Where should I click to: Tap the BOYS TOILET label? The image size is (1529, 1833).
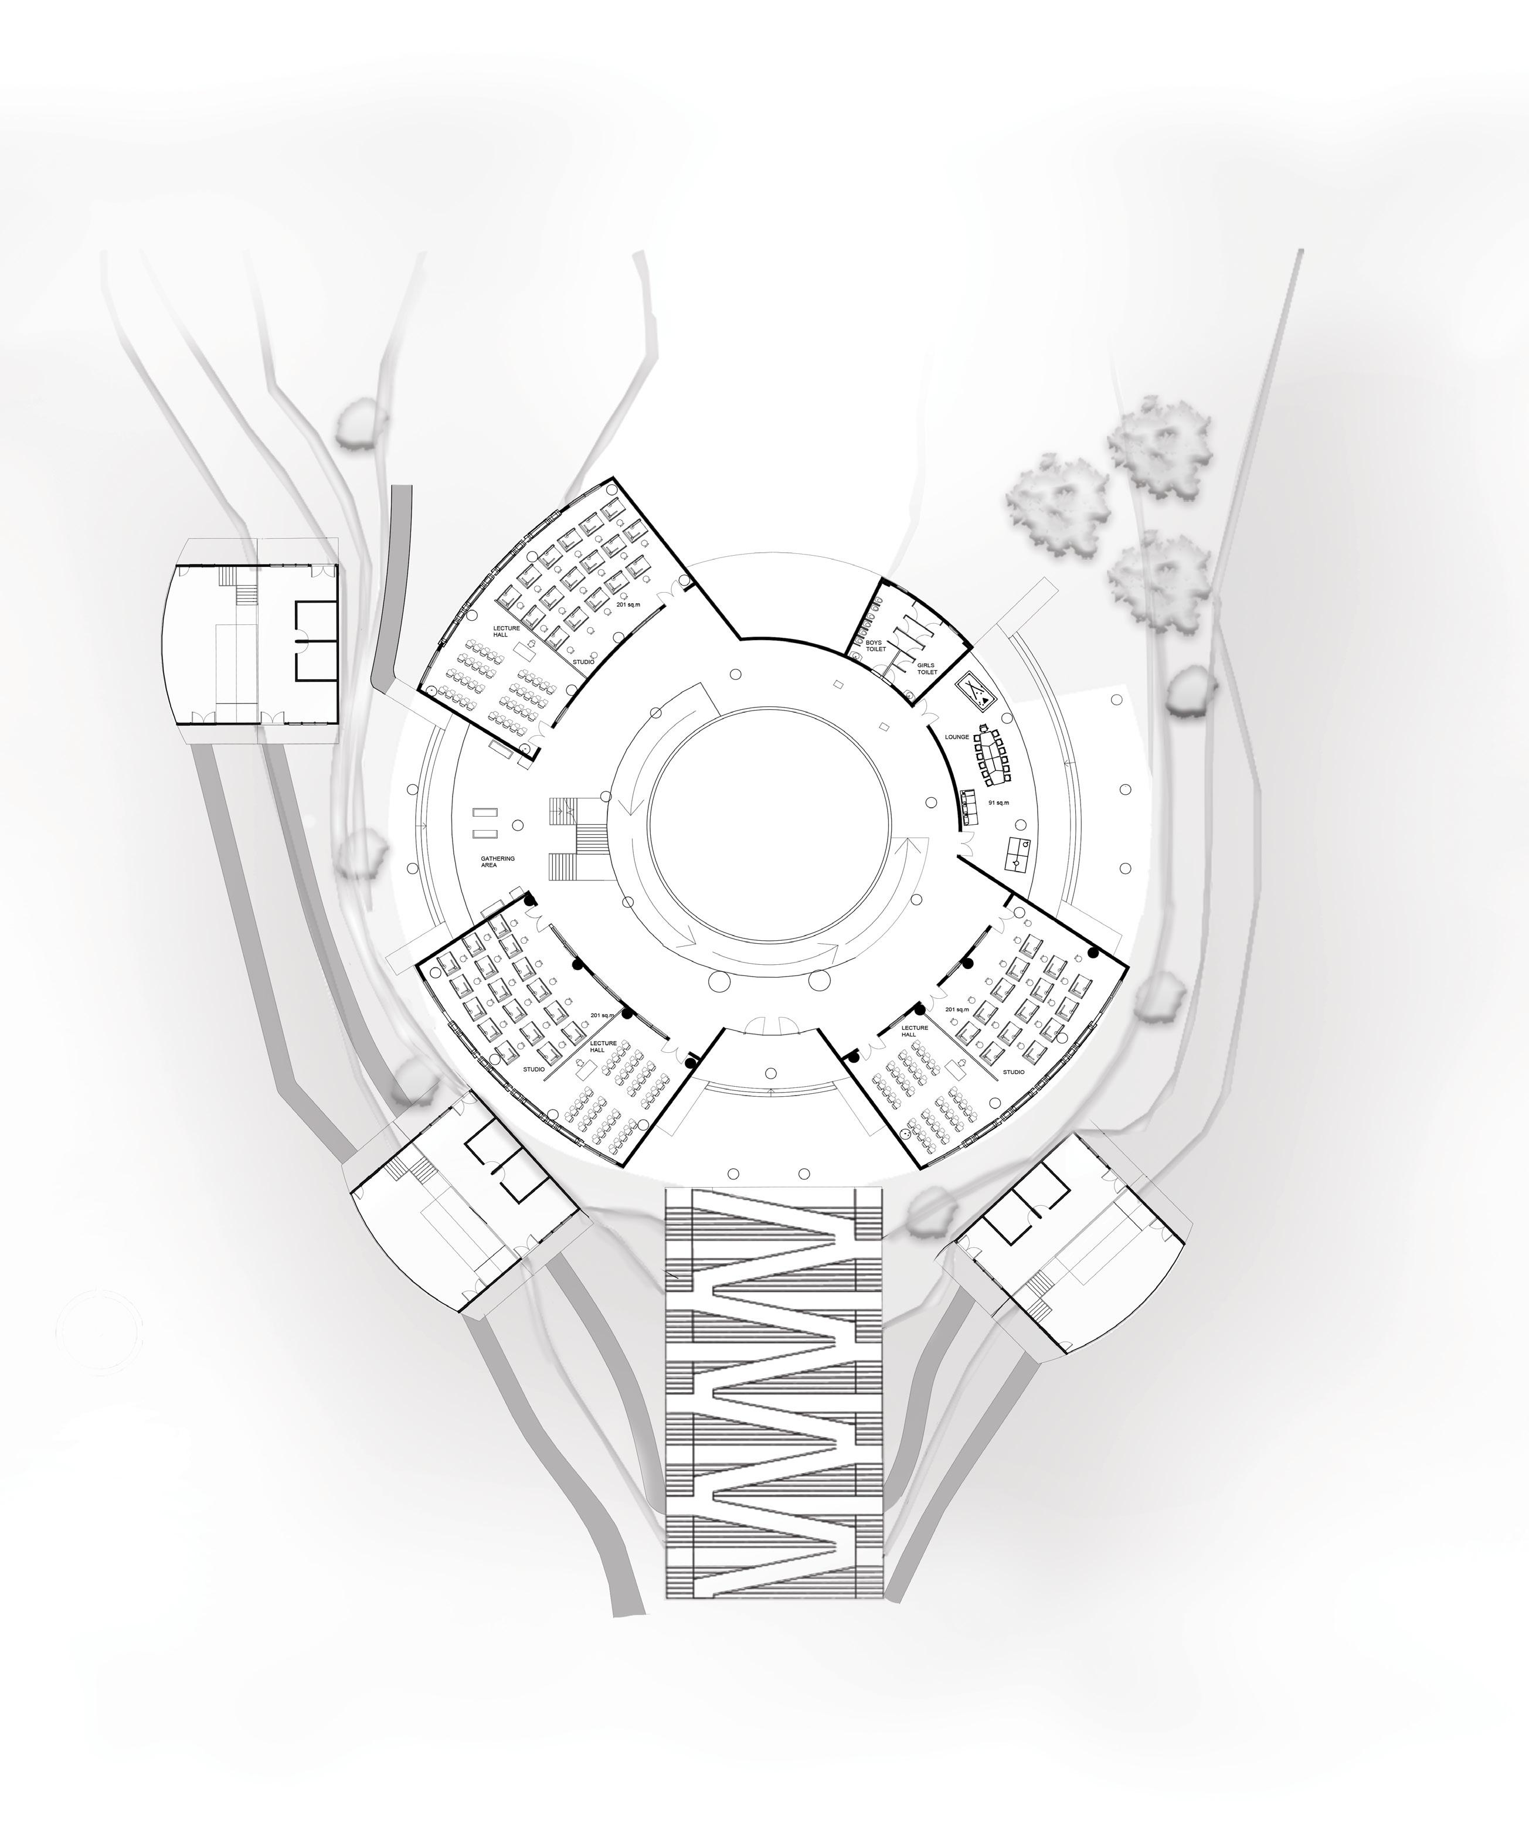pyautogui.click(x=875, y=647)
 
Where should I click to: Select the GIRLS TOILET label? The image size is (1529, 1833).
pyautogui.click(x=926, y=669)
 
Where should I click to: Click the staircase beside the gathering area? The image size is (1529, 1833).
pyautogui.click(x=573, y=839)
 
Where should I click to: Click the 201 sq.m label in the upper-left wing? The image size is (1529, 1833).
pyautogui.click(x=628, y=604)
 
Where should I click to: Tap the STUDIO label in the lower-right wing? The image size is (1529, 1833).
pyautogui.click(x=1014, y=1072)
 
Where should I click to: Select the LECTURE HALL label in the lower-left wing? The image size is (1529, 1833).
pyautogui.click(x=603, y=1046)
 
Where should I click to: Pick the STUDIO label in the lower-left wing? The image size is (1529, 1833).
pyautogui.click(x=534, y=1069)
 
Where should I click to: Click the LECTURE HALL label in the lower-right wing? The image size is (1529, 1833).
pyautogui.click(x=914, y=1032)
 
